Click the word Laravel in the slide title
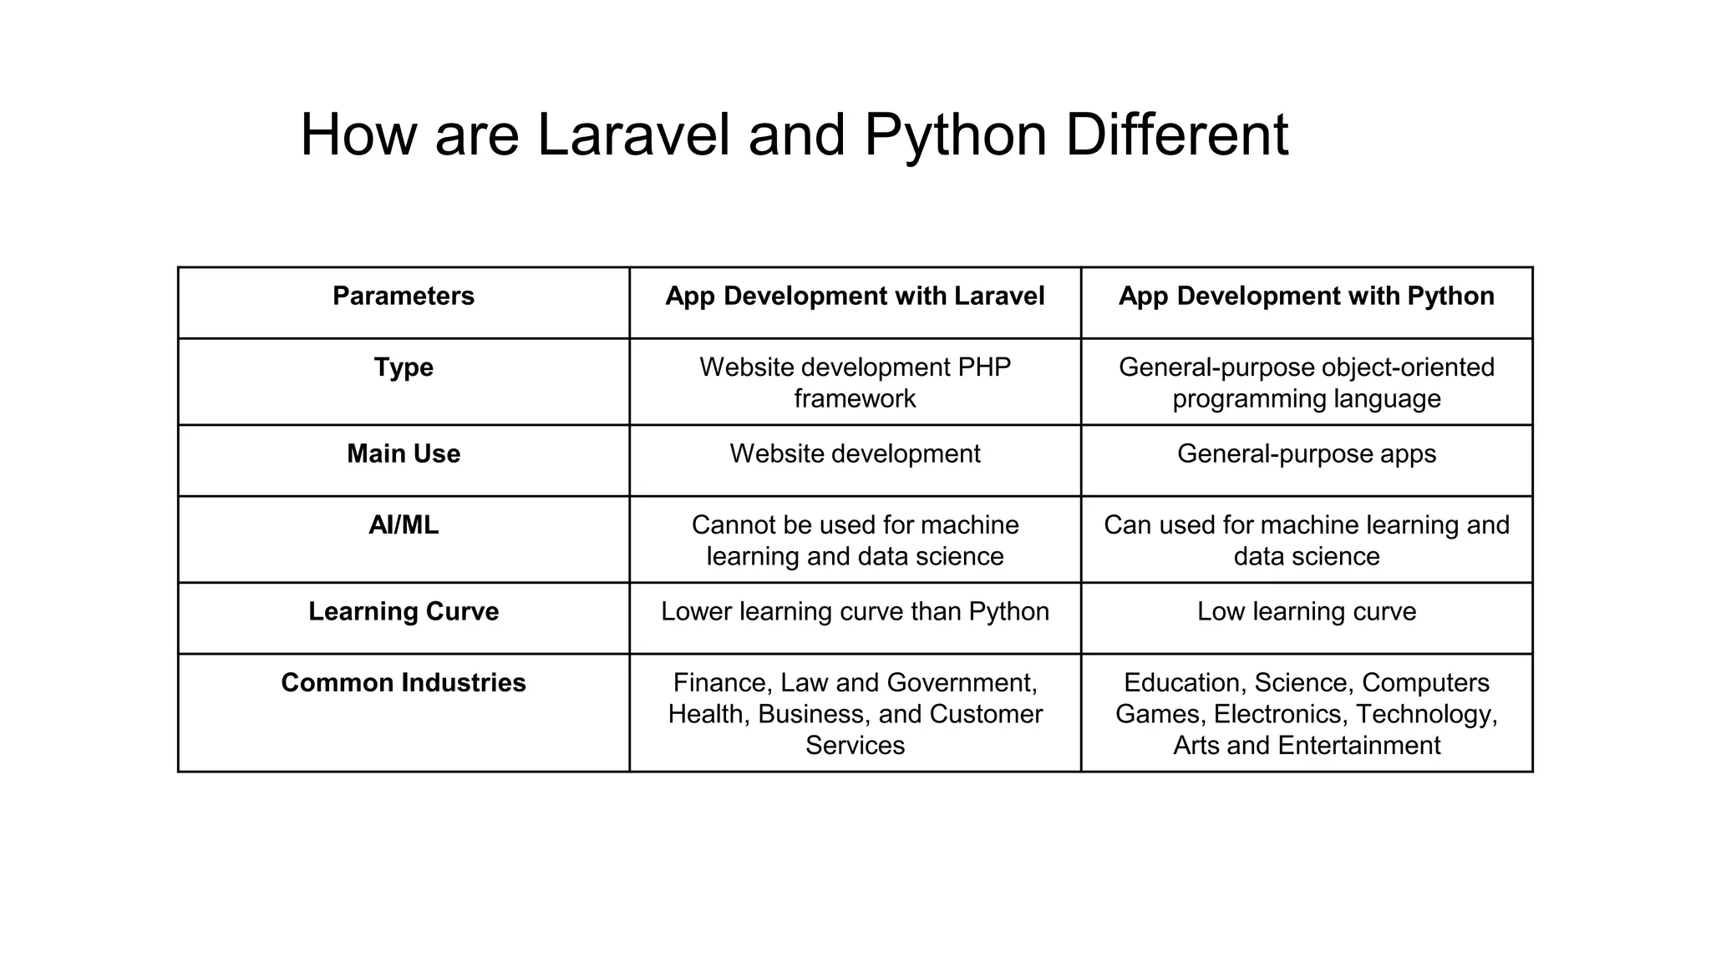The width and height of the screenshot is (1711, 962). click(x=632, y=135)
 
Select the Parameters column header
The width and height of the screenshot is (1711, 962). click(x=403, y=296)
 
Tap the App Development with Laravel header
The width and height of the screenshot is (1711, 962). click(x=855, y=296)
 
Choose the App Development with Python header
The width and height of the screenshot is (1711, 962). click(x=1306, y=296)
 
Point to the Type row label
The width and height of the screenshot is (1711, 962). click(x=403, y=367)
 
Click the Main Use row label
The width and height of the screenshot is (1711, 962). click(x=403, y=453)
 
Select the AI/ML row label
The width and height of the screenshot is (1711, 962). click(x=403, y=525)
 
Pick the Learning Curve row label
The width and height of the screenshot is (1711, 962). click(x=403, y=611)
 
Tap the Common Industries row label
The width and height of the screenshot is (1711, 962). click(x=403, y=683)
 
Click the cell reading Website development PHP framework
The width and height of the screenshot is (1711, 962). click(x=855, y=382)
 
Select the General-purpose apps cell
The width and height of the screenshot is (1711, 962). click(x=1306, y=453)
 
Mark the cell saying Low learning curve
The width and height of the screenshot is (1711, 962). click(x=1306, y=611)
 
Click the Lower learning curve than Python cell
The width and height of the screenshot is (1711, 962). click(x=855, y=611)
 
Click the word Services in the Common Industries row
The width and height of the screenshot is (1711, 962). click(x=855, y=746)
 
